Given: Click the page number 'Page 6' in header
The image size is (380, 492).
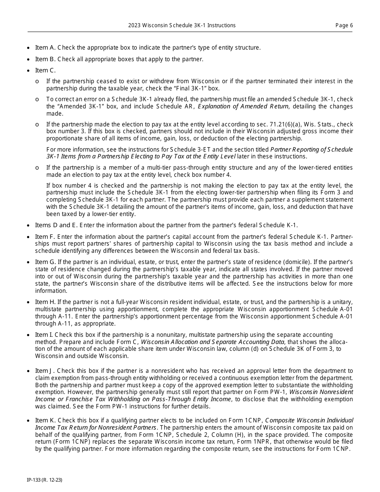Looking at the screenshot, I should coord(344,26).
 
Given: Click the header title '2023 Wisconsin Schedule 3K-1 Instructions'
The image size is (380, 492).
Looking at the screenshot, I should coord(182,26).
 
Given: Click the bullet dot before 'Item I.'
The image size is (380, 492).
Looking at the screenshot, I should coord(28,335).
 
